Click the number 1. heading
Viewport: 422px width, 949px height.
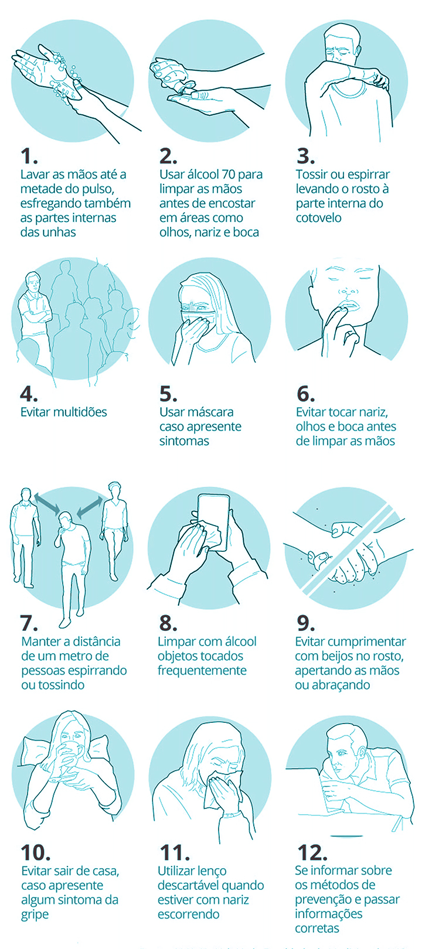(29, 156)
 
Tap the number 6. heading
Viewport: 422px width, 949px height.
(305, 394)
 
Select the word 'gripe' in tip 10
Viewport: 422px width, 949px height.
(35, 915)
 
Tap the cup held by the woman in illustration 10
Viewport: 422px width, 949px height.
(70, 755)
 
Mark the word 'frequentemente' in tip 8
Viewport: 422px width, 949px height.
(202, 671)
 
